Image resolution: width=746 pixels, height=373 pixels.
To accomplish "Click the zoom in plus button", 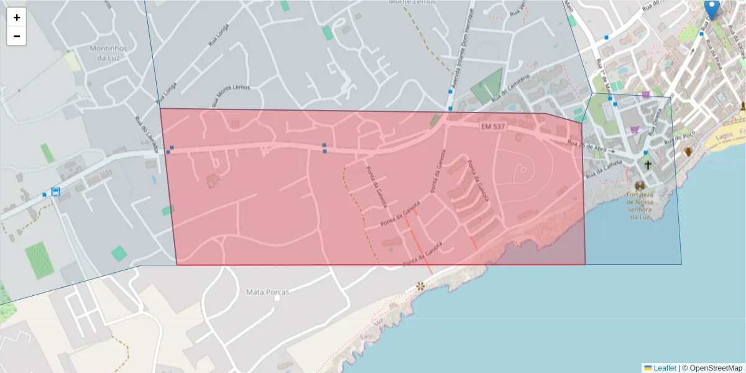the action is pyautogui.click(x=17, y=17).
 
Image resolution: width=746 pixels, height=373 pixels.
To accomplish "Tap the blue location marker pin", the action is pyautogui.click(x=712, y=9).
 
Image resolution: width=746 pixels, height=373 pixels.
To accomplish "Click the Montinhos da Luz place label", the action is pyautogui.click(x=108, y=52).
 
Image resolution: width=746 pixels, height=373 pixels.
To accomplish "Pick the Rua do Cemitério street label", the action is pyautogui.click(x=510, y=88).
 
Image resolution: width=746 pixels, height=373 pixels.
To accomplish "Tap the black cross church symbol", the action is pyautogui.click(x=648, y=165).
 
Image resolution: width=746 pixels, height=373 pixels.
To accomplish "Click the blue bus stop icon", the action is pyautogui.click(x=56, y=191).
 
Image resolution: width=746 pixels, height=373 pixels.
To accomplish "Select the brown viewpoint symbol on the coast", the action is pyautogui.click(x=421, y=287).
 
